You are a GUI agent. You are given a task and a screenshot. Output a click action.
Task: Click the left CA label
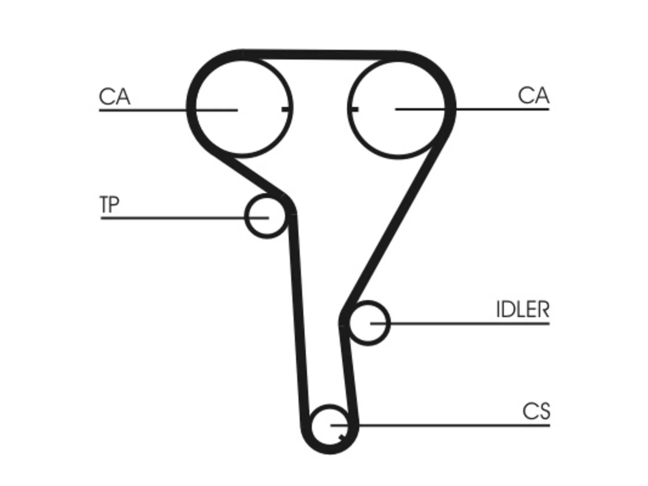tap(114, 96)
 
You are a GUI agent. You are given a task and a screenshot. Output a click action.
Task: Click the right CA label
tap(534, 95)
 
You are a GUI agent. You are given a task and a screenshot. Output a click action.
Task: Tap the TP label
tap(109, 204)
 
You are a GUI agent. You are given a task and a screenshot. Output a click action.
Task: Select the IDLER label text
tap(522, 309)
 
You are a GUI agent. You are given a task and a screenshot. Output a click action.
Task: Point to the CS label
tap(536, 411)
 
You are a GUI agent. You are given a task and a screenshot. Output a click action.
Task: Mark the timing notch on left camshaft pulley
tap(285, 109)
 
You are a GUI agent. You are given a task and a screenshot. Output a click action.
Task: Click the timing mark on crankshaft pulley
tap(342, 437)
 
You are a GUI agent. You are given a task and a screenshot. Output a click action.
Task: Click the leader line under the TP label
tap(184, 218)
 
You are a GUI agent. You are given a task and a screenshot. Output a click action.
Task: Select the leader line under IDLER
tap(460, 323)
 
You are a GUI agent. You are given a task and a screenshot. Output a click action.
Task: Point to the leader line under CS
tap(440, 425)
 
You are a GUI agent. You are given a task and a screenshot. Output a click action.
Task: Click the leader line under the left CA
tap(168, 110)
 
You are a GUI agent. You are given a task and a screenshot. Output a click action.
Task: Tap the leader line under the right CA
tap(472, 109)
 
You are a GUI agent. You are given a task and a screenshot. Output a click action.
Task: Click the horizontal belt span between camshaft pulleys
tap(320, 55)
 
